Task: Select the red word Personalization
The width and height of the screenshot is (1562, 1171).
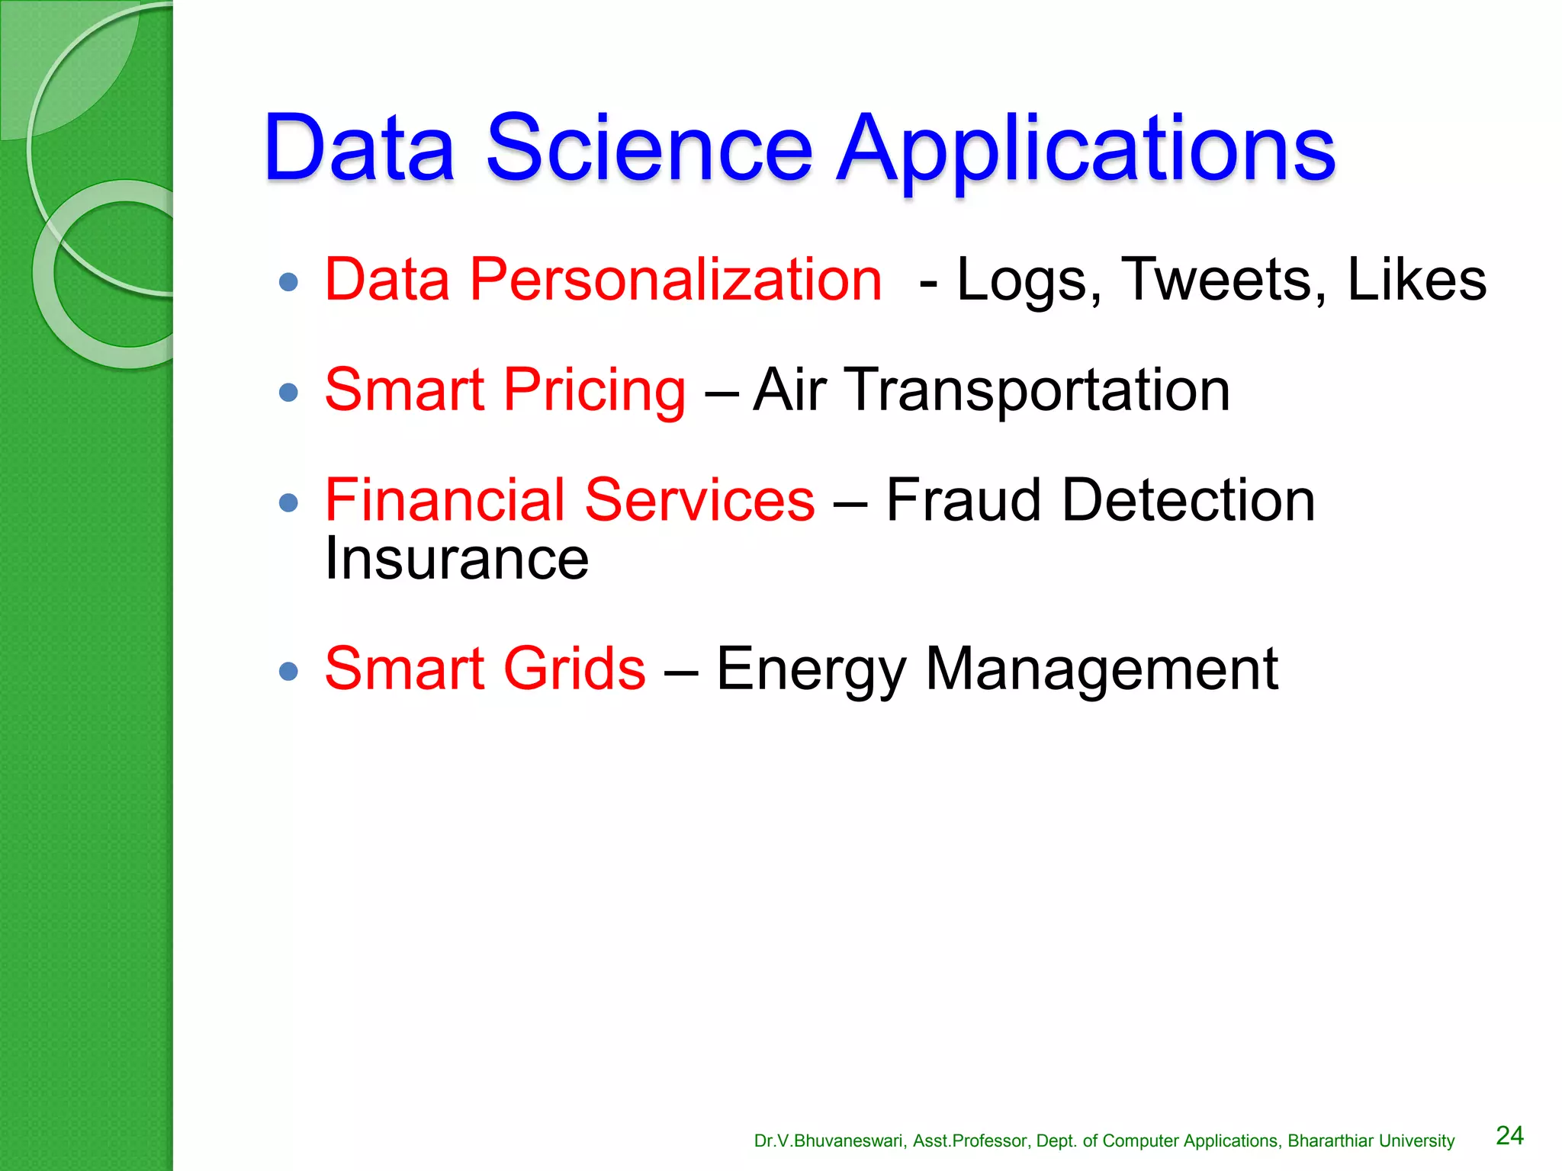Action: pyautogui.click(x=676, y=280)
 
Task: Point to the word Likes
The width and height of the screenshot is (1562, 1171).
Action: pyautogui.click(x=1416, y=280)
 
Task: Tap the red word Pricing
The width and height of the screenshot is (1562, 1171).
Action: pyautogui.click(x=594, y=390)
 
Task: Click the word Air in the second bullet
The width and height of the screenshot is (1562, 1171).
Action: pyautogui.click(x=789, y=390)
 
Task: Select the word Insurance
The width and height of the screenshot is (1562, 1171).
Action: pyautogui.click(x=457, y=559)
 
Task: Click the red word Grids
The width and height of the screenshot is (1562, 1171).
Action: pyautogui.click(x=574, y=669)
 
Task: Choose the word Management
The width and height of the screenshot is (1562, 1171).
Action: pyautogui.click(x=1101, y=669)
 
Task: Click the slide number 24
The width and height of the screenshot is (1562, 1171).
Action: pyautogui.click(x=1509, y=1135)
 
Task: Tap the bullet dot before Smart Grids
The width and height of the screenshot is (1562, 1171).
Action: pyautogui.click(x=288, y=671)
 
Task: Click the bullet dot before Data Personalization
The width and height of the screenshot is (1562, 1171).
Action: pyautogui.click(x=288, y=283)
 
